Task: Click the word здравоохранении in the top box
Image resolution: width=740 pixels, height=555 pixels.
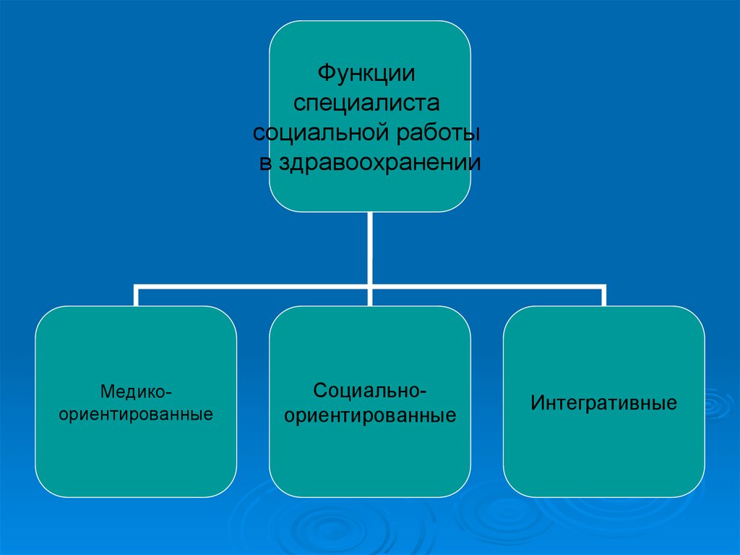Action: coord(377,164)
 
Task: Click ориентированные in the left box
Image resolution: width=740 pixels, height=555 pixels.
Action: coord(136,415)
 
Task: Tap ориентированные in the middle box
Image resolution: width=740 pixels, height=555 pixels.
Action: coord(370,417)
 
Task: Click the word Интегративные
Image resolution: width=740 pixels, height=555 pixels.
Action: coord(604,403)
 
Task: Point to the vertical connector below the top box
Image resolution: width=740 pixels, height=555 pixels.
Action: coord(370,246)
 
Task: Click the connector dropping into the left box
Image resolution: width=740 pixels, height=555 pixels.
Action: coord(136,297)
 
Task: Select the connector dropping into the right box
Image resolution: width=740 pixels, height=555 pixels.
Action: coord(604,297)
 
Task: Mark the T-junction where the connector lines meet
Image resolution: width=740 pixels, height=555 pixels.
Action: coord(370,285)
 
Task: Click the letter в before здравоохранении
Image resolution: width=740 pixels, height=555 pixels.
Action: coord(264,164)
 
